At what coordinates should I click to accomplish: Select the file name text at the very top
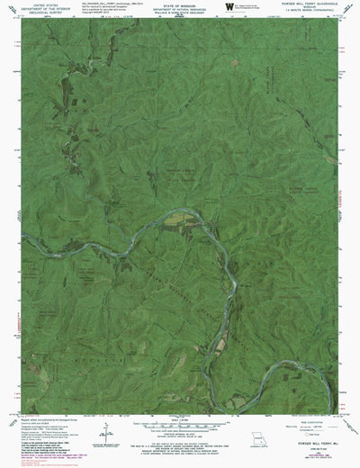click(x=108, y=3)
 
